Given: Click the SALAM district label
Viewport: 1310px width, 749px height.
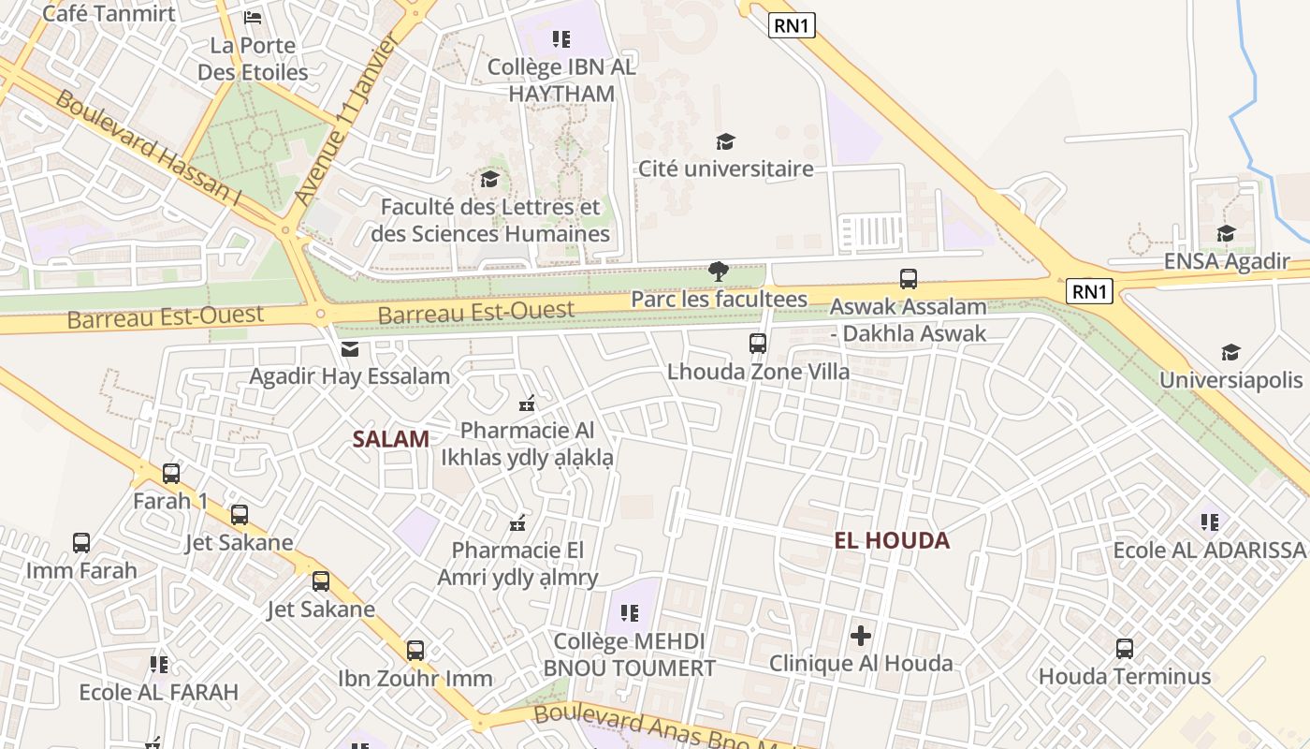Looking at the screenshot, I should [391, 438].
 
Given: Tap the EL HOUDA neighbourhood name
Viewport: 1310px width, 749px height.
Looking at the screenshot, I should [892, 540].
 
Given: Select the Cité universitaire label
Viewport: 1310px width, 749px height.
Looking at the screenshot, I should [725, 169].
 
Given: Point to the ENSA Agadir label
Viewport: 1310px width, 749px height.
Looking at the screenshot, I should [1226, 261].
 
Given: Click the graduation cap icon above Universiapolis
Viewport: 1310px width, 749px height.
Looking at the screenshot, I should [1230, 353].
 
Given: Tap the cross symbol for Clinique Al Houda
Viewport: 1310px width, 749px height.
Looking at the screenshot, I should [861, 637].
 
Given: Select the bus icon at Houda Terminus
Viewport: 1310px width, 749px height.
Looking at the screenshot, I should [1125, 648].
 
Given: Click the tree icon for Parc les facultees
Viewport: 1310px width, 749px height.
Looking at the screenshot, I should [719, 272].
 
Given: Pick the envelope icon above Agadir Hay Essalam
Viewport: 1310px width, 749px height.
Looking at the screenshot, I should [350, 349].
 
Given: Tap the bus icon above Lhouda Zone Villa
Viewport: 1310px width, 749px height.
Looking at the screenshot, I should [758, 344].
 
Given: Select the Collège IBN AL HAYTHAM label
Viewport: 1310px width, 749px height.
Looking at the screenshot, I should [561, 81].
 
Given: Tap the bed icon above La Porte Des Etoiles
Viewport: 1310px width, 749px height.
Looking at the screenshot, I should [253, 18].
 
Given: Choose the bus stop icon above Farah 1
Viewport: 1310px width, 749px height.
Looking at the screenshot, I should [171, 474].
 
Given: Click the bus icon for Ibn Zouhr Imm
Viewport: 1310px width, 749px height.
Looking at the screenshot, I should [415, 650].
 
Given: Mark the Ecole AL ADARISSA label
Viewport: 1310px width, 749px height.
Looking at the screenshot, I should [1209, 550].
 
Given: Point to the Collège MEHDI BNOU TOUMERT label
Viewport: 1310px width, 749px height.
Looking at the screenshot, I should [629, 654].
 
